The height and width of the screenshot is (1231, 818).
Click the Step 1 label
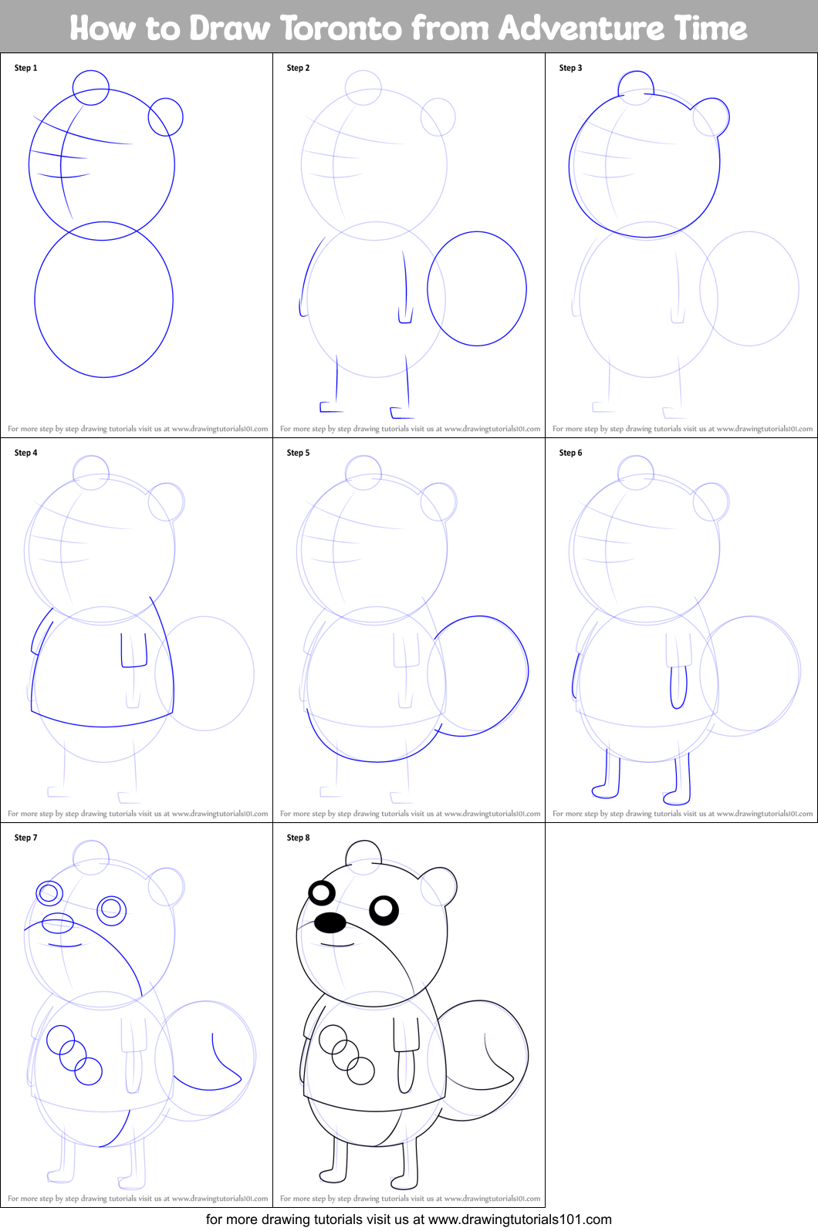point(25,68)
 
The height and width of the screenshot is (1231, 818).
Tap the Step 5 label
point(298,453)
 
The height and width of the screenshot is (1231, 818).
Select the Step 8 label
point(298,838)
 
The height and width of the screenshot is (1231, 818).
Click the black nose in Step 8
point(330,922)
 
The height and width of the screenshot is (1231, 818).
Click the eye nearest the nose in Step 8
point(321,893)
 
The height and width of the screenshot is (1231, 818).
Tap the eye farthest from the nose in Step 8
point(384,910)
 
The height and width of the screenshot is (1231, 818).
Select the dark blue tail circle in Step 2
point(477,288)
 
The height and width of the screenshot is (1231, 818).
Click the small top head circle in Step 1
point(91,86)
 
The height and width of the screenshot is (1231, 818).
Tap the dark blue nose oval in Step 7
point(57,922)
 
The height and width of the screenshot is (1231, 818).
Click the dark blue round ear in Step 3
point(711,116)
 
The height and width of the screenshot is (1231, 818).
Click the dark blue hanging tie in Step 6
point(678,686)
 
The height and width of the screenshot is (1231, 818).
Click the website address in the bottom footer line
point(519,1219)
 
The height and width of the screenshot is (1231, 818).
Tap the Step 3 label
point(570,68)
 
